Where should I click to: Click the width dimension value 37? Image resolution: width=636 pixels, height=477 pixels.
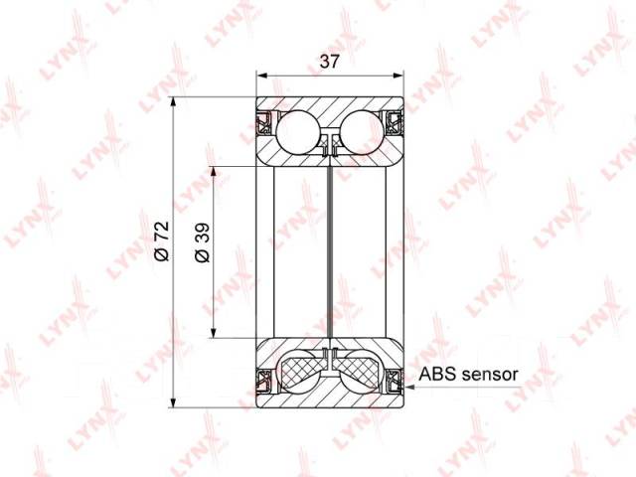coord(329,62)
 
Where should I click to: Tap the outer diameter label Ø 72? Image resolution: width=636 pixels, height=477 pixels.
coord(162,240)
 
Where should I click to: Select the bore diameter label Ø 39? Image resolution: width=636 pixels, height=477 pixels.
coord(203,242)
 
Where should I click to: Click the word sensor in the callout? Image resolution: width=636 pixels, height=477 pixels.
coord(490,375)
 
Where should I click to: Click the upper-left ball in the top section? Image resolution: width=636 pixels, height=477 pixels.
coord(297,132)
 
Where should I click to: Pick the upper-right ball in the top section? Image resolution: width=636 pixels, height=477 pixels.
coord(362,132)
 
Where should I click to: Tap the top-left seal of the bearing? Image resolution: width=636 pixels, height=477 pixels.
coord(263,121)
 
